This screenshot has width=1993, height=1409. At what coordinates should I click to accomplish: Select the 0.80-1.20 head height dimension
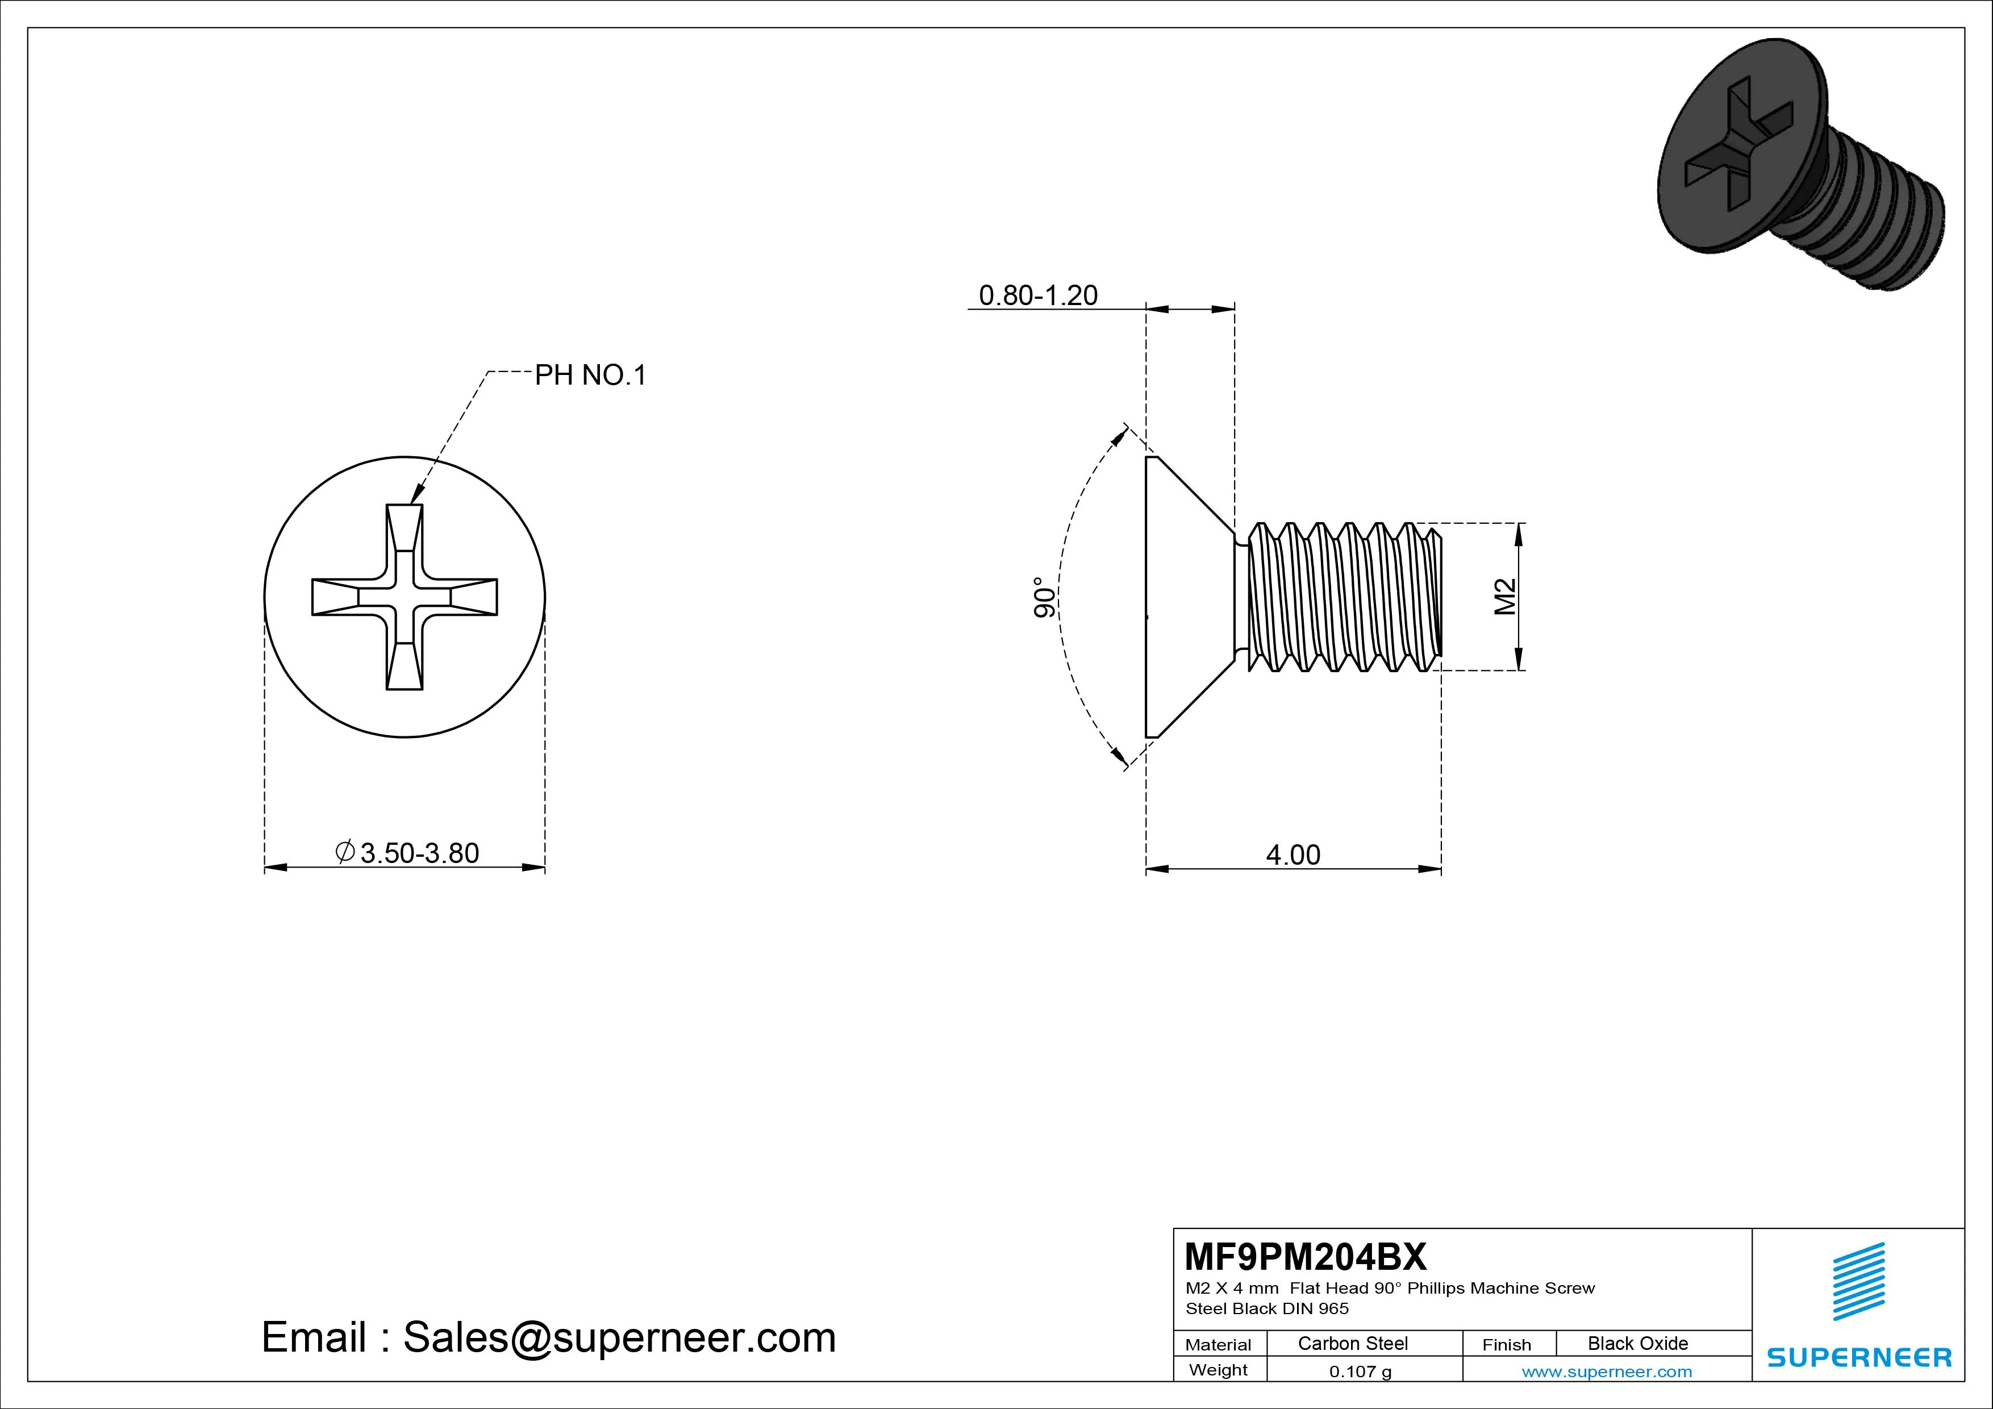tap(1038, 295)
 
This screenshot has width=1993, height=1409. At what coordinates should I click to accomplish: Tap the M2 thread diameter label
tap(1505, 597)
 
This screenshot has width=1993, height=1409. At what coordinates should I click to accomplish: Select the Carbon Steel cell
tap(1352, 1343)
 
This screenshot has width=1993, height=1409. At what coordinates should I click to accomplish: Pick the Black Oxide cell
tap(1637, 1343)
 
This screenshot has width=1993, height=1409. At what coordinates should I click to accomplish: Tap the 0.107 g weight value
tap(1360, 1372)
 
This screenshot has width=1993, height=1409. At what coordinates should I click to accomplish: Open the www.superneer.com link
tap(1606, 1372)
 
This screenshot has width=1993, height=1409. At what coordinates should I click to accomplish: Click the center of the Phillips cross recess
tap(405, 597)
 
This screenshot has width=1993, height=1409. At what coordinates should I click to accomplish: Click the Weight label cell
tap(1218, 1370)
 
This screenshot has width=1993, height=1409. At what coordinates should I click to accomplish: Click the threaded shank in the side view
tap(1341, 597)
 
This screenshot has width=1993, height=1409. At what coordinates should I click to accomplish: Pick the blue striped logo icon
tap(1858, 1281)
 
